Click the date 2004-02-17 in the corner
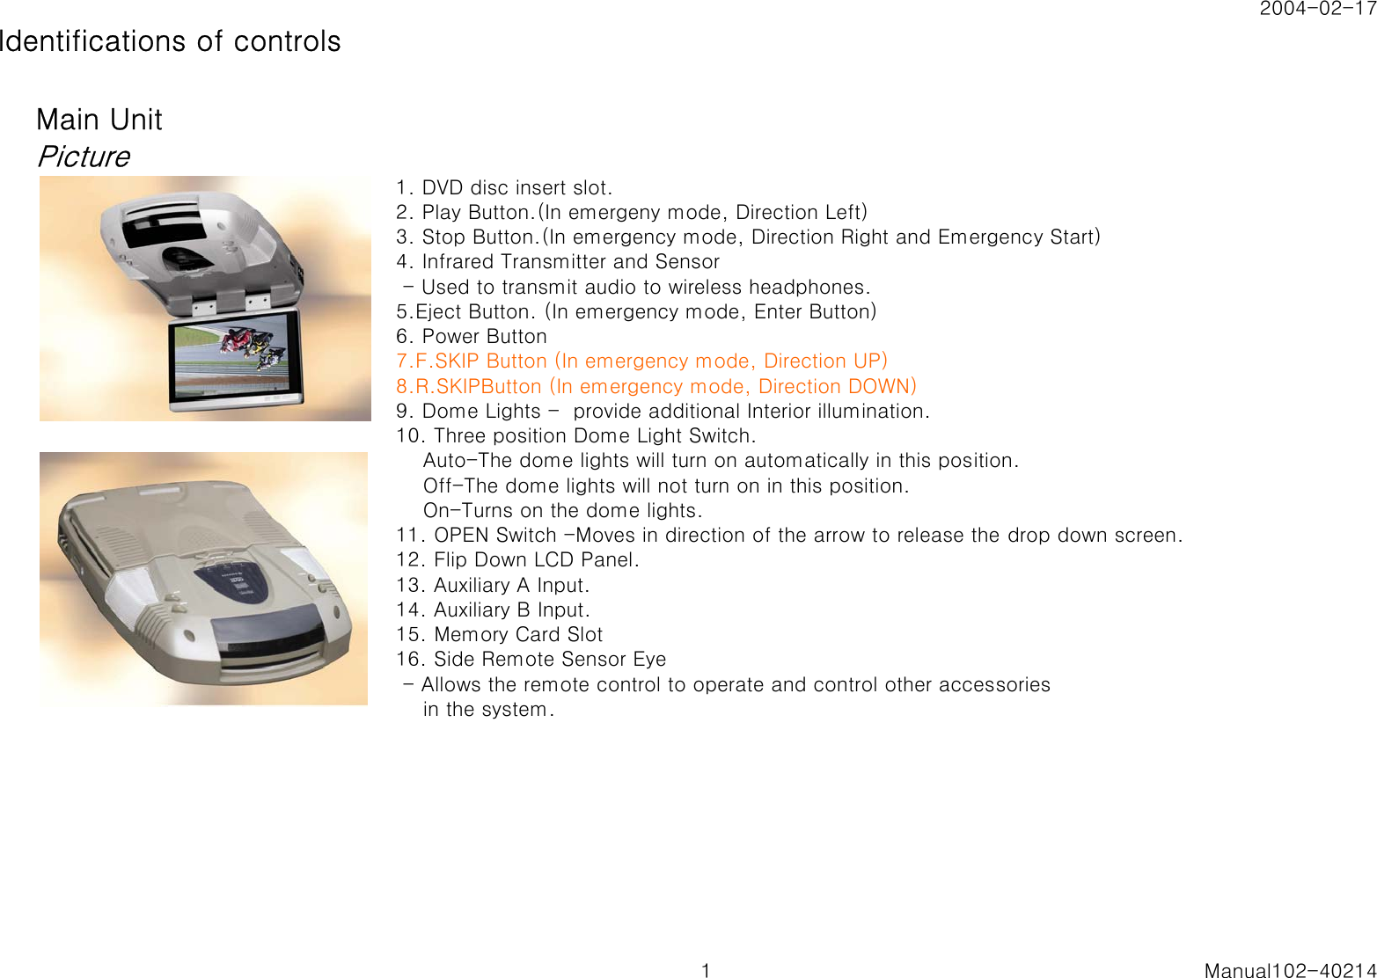pos(1317,9)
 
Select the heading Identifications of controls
pos(170,41)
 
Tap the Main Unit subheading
pos(99,120)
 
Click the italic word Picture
pos(84,157)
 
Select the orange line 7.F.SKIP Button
pos(641,361)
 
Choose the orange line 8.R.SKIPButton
pos(656,386)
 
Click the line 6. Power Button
pos(472,336)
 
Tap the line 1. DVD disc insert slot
pos(504,187)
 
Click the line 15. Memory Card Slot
pos(500,634)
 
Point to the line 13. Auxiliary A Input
pos(493,585)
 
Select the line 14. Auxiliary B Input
pos(493,609)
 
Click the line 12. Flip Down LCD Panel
pos(517,559)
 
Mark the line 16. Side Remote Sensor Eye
pos(531,659)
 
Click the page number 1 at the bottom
pos(706,970)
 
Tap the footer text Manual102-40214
pos(1290,970)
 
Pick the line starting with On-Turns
pos(562,510)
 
